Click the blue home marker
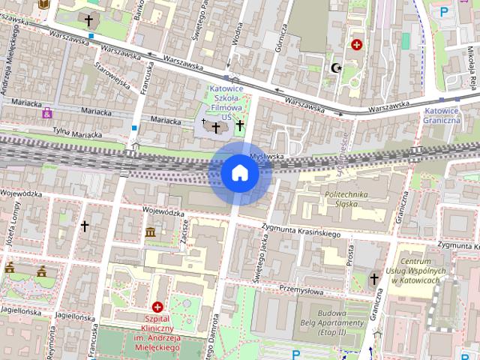tap(240, 173)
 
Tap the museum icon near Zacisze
tap(150, 232)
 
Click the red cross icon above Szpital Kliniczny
tap(157, 307)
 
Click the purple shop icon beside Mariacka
tap(48, 113)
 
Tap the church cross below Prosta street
tap(374, 279)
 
